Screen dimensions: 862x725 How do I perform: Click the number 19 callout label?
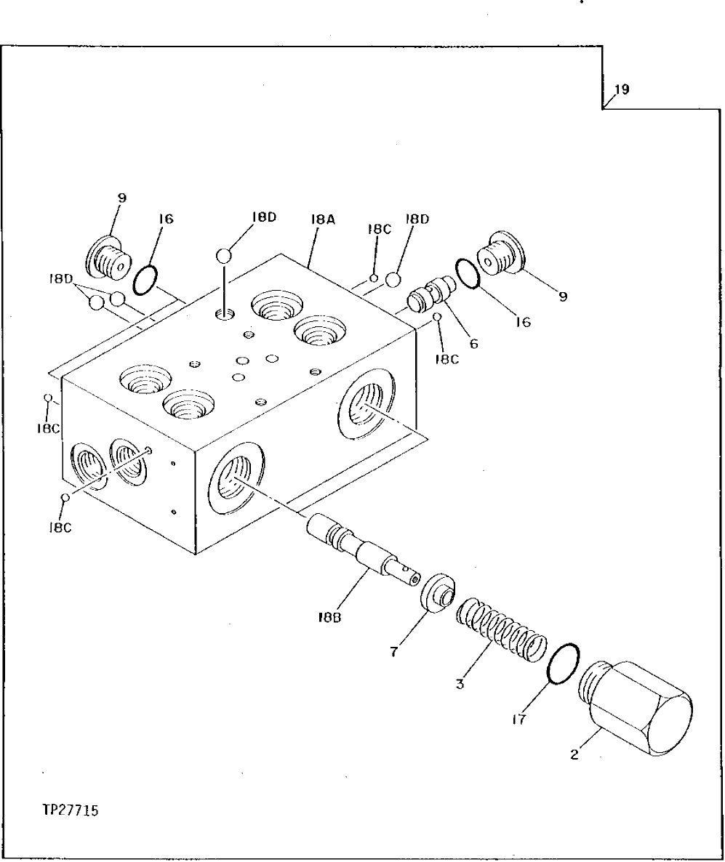(x=621, y=91)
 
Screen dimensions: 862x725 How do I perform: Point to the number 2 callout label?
(x=574, y=755)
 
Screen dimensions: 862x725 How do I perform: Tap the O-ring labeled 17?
(x=562, y=664)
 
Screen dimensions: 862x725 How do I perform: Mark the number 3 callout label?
(x=460, y=683)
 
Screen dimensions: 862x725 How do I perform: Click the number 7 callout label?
(x=393, y=652)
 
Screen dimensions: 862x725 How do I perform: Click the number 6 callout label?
(x=473, y=345)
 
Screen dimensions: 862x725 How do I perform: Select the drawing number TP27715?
(x=71, y=810)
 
